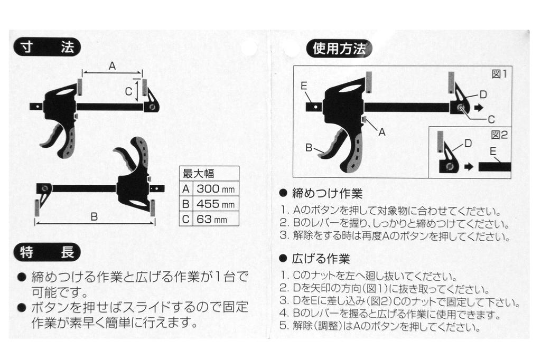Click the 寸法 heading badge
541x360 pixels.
(x=47, y=47)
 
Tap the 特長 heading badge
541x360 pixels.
(x=47, y=252)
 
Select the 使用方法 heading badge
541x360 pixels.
(x=339, y=49)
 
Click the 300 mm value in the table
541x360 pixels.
(x=216, y=189)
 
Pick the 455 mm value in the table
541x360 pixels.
(x=216, y=204)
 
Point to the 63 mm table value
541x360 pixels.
(x=212, y=219)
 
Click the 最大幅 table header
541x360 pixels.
(x=199, y=174)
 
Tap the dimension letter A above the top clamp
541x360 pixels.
(x=112, y=66)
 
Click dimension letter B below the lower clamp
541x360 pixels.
(x=94, y=216)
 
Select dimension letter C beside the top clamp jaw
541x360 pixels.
(x=129, y=91)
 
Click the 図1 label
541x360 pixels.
(x=499, y=74)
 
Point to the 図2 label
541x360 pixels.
(x=500, y=135)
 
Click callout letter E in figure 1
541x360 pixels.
(x=304, y=86)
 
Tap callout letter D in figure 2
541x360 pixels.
(x=468, y=143)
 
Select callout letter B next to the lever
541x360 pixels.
(x=309, y=148)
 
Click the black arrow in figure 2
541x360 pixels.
(x=469, y=167)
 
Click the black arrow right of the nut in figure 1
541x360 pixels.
(x=479, y=108)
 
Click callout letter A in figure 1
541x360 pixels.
(x=382, y=132)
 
